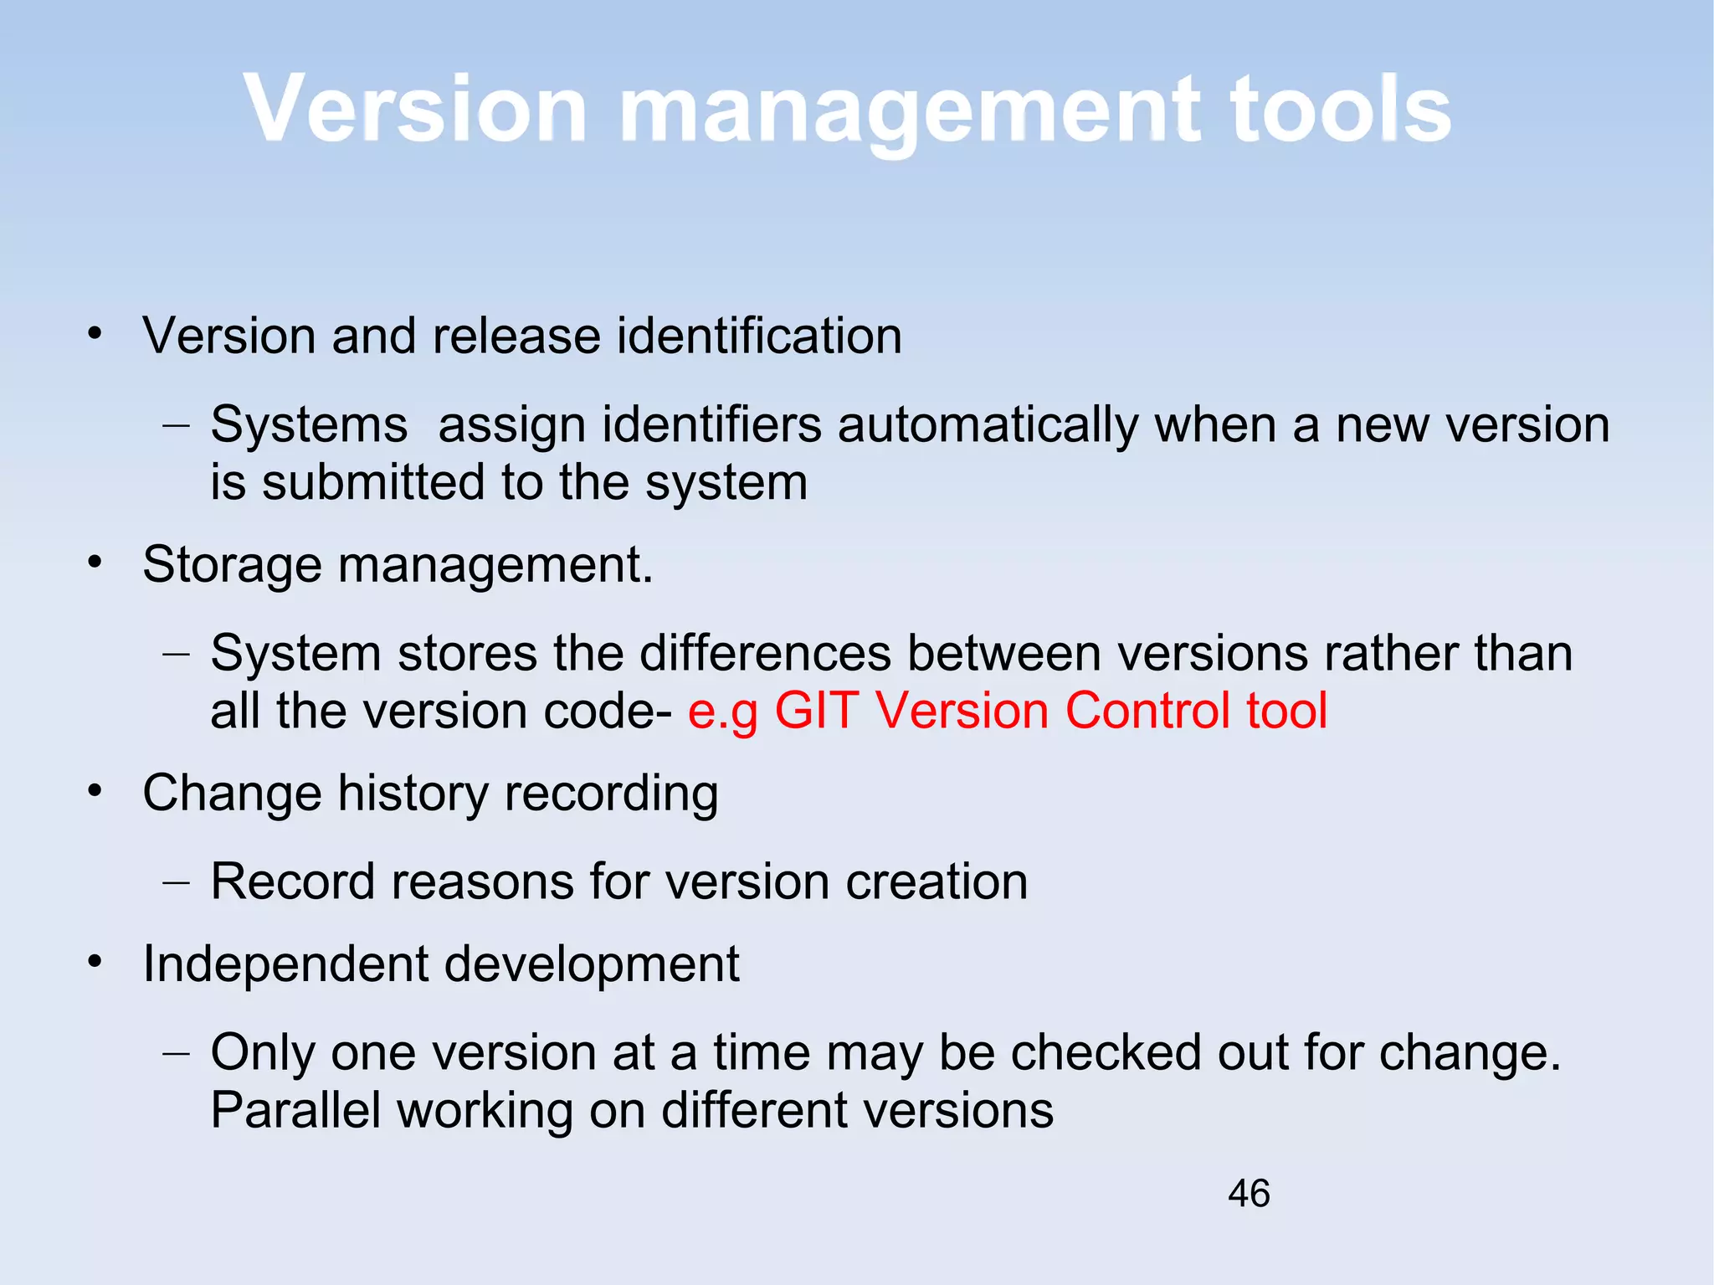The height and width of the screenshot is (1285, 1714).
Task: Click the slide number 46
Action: pos(1249,1193)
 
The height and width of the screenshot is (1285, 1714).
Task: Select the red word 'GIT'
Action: pos(816,711)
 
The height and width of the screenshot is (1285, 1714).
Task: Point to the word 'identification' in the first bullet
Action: pos(759,336)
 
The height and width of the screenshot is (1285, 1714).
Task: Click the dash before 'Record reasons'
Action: pos(176,882)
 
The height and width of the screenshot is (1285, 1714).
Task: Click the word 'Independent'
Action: pos(285,964)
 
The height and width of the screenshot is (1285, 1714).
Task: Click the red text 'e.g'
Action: pos(723,712)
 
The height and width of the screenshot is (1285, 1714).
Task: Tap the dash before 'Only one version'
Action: pos(176,1053)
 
